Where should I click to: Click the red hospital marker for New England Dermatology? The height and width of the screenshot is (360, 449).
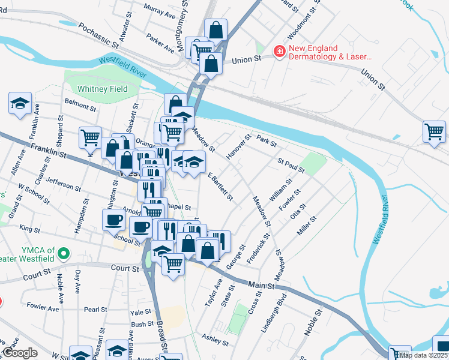(279, 53)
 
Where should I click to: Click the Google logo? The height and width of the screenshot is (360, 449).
(20, 353)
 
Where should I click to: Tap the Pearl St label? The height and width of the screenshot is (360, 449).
(95, 310)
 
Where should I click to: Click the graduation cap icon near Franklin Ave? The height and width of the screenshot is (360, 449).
(20, 103)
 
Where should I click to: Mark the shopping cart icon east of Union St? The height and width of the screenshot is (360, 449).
(434, 131)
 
